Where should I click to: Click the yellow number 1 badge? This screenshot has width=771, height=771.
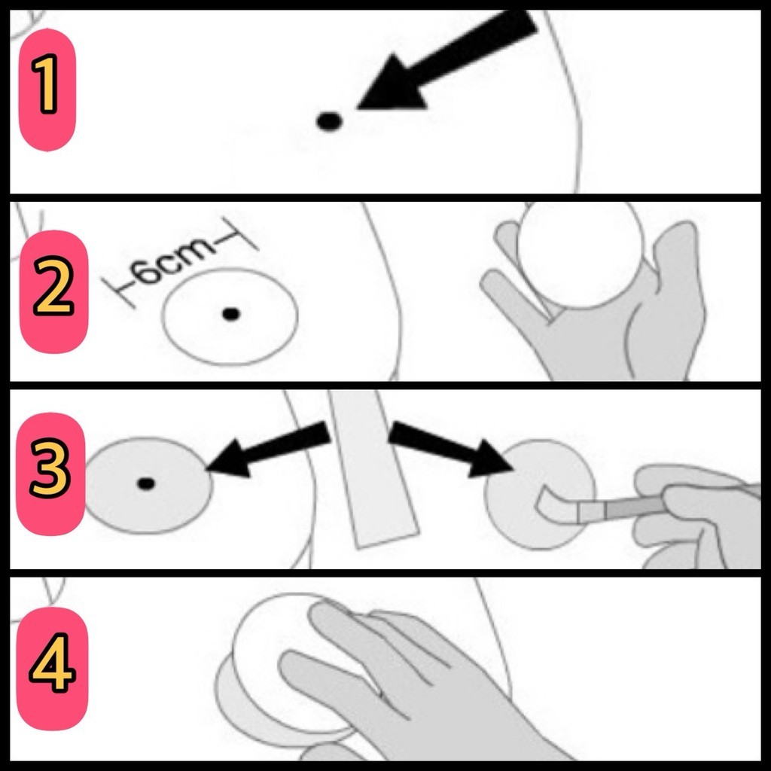pos(47,90)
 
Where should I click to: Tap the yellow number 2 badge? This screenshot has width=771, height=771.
pos(53,291)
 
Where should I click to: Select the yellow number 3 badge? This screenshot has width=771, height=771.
pos(50,473)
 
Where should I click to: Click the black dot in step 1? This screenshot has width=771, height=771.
pos(329,121)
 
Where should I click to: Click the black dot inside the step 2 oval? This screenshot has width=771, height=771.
pos(231,314)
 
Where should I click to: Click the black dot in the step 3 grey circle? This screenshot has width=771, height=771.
pos(146,484)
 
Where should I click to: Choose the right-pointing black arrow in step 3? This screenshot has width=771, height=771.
pos(451,449)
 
